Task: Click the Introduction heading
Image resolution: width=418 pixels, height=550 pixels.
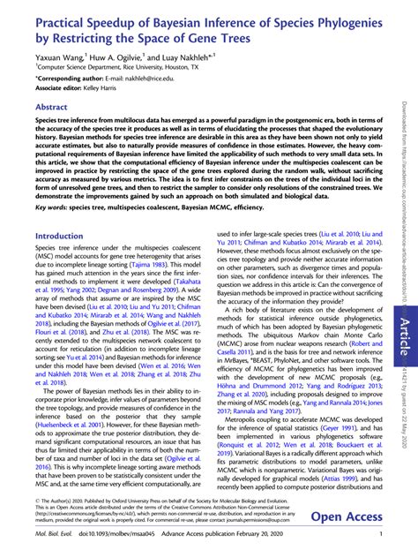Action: [58, 237]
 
